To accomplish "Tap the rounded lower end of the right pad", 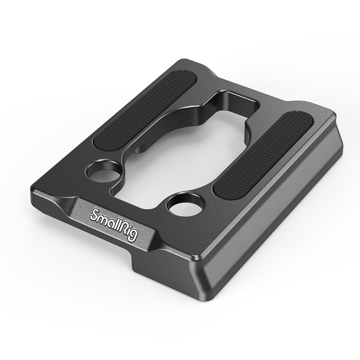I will pyautogui.click(x=221, y=191).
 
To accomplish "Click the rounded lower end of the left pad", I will pyautogui.click(x=99, y=144).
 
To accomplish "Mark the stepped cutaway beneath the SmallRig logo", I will pyautogui.click(x=144, y=259).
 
